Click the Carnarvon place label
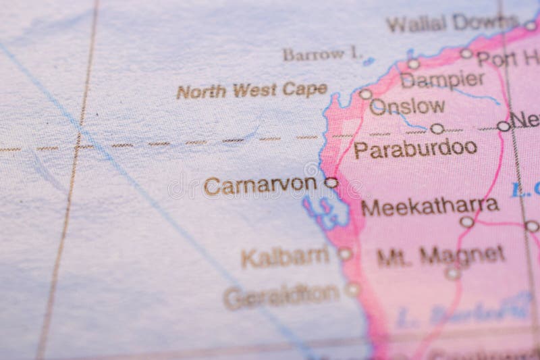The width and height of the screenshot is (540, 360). click(x=260, y=185)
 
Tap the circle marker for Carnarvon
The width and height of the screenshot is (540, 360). click(x=331, y=182)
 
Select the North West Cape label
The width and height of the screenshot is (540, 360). click(x=252, y=91)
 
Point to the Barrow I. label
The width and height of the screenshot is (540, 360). click(x=323, y=54)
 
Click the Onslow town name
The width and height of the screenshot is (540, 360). click(x=408, y=106)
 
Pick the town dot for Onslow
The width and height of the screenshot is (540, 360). click(x=365, y=95)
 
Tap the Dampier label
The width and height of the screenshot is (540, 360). click(x=442, y=80)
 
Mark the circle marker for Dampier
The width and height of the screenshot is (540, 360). click(x=413, y=64)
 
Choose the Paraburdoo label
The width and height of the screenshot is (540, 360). click(x=415, y=148)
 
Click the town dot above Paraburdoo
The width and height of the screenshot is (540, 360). click(x=437, y=128)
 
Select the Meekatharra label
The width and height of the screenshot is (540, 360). click(x=430, y=205)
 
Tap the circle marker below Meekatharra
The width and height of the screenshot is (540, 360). click(x=466, y=222)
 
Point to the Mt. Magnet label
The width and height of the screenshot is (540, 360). click(x=441, y=255)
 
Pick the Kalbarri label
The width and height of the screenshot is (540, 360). click(x=285, y=257)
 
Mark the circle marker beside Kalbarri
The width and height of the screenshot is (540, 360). click(x=345, y=254)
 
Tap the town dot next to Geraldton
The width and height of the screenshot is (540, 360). click(x=352, y=290)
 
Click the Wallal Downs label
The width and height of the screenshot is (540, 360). click(x=452, y=24)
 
